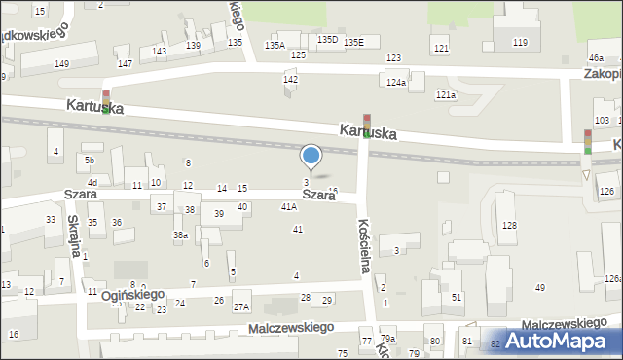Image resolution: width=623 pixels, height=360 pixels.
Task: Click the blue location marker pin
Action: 311,156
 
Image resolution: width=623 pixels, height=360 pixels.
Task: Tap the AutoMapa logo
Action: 563,341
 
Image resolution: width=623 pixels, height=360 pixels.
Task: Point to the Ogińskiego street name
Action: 132,294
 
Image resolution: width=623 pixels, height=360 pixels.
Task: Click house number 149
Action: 61,64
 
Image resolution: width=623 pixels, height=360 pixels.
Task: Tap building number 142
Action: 290,79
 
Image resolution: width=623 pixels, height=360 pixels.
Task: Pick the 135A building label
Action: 275,45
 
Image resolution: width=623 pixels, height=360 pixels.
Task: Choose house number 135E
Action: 353,42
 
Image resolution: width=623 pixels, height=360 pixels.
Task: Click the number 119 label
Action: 521,42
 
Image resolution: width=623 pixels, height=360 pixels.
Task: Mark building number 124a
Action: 395,83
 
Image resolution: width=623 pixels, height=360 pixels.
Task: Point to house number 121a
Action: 446,94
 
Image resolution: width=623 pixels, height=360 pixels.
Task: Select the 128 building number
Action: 508,226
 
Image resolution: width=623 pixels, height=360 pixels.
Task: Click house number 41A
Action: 289,207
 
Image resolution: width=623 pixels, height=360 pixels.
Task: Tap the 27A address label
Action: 241,307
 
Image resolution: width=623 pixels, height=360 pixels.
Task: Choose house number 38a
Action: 180,234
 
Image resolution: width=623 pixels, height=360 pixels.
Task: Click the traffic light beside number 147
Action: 105,100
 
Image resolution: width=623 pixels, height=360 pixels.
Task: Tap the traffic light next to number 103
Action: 588,142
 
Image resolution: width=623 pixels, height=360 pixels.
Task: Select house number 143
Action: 159,51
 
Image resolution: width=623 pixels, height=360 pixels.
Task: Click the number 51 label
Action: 456,297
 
